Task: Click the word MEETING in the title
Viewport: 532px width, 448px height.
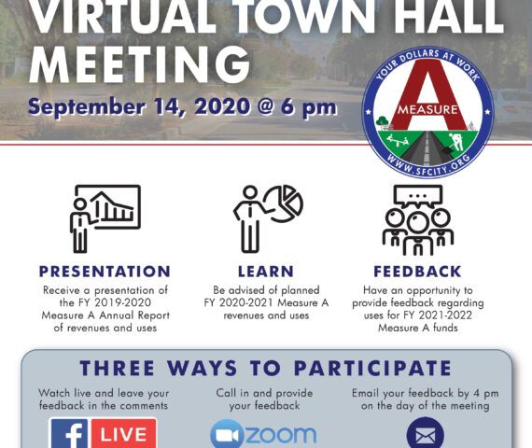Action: (140, 64)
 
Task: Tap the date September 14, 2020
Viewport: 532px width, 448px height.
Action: (140, 106)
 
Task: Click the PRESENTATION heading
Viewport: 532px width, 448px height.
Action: (105, 272)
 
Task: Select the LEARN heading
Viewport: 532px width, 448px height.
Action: (266, 272)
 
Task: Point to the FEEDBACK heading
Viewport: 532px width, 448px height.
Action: (417, 272)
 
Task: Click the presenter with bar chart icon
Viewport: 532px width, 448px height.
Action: (105, 218)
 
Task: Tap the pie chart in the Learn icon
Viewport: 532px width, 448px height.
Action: (285, 203)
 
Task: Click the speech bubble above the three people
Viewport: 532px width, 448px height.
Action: (418, 196)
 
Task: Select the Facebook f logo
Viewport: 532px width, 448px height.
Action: (70, 434)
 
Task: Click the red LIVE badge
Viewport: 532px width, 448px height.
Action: (124, 434)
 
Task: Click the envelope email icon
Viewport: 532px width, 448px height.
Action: (425, 433)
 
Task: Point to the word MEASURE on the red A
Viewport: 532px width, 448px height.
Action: (427, 109)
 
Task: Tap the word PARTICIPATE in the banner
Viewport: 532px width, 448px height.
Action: (372, 369)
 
